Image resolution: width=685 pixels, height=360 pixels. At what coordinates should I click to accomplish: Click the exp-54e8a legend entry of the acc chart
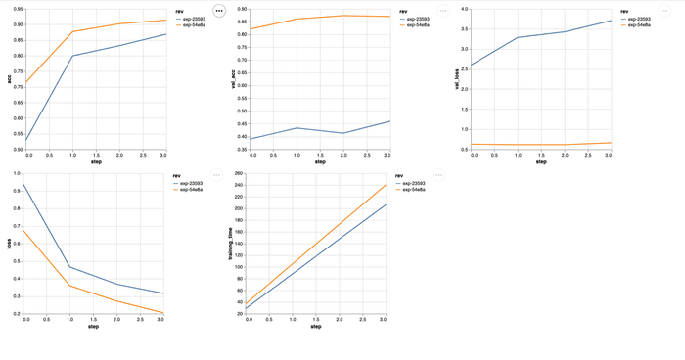pyautogui.click(x=193, y=24)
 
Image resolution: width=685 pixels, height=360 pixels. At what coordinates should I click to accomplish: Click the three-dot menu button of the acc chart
pyautogui.click(x=218, y=11)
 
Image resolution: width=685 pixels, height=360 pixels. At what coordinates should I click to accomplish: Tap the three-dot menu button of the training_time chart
pyautogui.click(x=438, y=175)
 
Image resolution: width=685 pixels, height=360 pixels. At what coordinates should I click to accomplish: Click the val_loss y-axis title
pyautogui.click(x=457, y=79)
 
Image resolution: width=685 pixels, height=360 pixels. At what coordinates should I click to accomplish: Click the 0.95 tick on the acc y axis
pyautogui.click(x=20, y=10)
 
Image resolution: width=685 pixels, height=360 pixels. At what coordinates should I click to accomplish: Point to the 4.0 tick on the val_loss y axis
pyautogui.click(x=465, y=10)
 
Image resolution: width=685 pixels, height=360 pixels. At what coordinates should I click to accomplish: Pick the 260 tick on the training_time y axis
pyautogui.click(x=238, y=174)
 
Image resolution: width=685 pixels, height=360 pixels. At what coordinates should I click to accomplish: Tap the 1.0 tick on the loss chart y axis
pyautogui.click(x=17, y=174)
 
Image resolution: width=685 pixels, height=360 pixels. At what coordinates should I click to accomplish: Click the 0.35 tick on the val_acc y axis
pyautogui.click(x=241, y=150)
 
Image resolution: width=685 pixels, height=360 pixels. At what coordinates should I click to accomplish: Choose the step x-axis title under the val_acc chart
pyautogui.click(x=320, y=161)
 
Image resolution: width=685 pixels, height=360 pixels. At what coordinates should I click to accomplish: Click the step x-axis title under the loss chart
pyautogui.click(x=94, y=326)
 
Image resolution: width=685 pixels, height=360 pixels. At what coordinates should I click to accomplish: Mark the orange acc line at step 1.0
pyautogui.click(x=73, y=32)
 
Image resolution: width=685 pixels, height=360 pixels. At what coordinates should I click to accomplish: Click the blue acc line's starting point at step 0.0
pyautogui.click(x=27, y=141)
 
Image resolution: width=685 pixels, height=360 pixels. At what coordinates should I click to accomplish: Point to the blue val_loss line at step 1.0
pyautogui.click(x=519, y=37)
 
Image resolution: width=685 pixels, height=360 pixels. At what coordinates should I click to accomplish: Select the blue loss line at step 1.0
pyautogui.click(x=70, y=267)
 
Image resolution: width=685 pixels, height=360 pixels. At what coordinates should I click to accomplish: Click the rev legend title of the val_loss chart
pyautogui.click(x=623, y=11)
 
